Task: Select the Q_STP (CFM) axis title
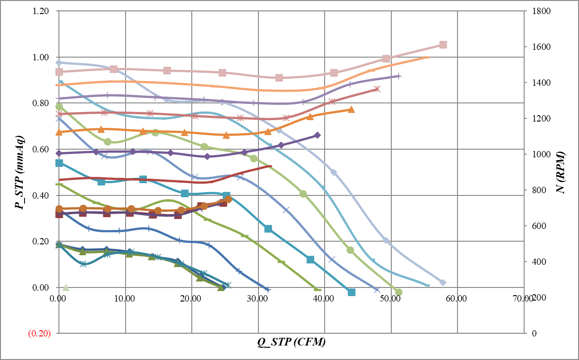point(292,342)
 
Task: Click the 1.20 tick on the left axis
point(42,11)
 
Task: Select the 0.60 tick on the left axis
point(42,149)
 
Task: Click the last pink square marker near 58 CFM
point(443,44)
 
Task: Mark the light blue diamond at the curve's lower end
point(443,282)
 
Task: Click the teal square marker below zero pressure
point(351,292)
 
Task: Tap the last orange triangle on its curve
point(351,109)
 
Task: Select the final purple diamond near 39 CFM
point(317,135)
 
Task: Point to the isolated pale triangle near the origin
point(66,287)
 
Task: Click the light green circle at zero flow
point(59,107)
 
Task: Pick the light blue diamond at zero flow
point(59,63)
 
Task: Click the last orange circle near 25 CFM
point(228,199)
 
